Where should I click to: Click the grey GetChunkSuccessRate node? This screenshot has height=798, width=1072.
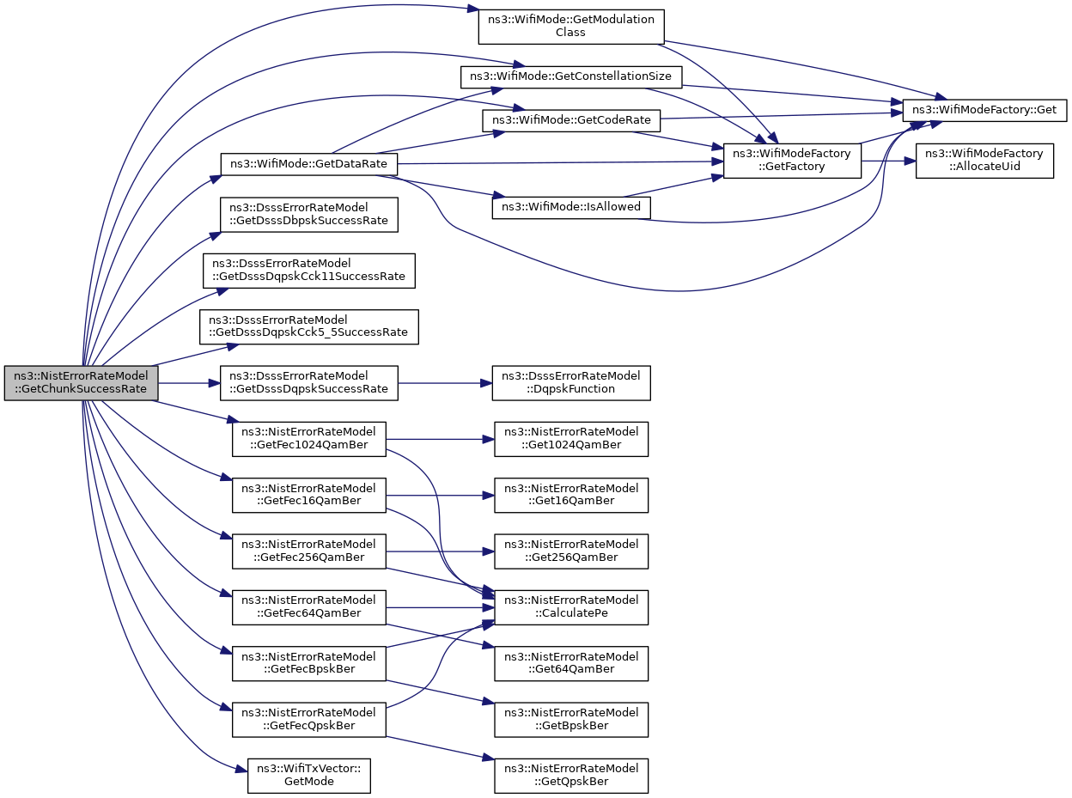click(82, 383)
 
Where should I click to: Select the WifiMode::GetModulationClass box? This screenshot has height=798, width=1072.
click(571, 27)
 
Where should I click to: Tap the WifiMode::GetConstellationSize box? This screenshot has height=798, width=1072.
click(571, 76)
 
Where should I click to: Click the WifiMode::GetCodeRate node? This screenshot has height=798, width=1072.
click(571, 120)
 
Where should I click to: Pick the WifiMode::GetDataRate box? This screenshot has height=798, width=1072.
click(309, 164)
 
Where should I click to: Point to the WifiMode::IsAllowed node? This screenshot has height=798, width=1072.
click(571, 207)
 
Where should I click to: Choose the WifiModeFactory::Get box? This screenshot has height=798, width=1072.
click(984, 110)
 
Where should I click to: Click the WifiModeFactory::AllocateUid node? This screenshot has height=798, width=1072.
click(984, 161)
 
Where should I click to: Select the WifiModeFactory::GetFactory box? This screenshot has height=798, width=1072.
click(792, 161)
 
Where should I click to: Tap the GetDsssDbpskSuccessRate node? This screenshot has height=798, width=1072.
click(309, 214)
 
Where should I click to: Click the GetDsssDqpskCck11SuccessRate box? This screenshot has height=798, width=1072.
click(309, 271)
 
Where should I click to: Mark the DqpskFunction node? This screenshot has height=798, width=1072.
click(571, 383)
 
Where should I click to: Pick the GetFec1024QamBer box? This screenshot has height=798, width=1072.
click(309, 439)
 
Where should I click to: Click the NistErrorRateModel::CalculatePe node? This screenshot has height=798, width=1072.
click(571, 607)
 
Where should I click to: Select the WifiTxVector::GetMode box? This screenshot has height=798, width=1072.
click(309, 776)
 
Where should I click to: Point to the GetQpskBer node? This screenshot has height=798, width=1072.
click(571, 776)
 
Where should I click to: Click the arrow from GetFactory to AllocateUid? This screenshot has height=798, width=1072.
click(888, 161)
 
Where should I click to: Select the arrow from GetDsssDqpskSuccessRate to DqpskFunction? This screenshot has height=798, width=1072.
click(445, 383)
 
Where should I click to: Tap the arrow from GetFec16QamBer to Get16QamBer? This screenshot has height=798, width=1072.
click(440, 496)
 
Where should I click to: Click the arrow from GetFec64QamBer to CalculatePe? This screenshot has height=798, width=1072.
click(440, 607)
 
